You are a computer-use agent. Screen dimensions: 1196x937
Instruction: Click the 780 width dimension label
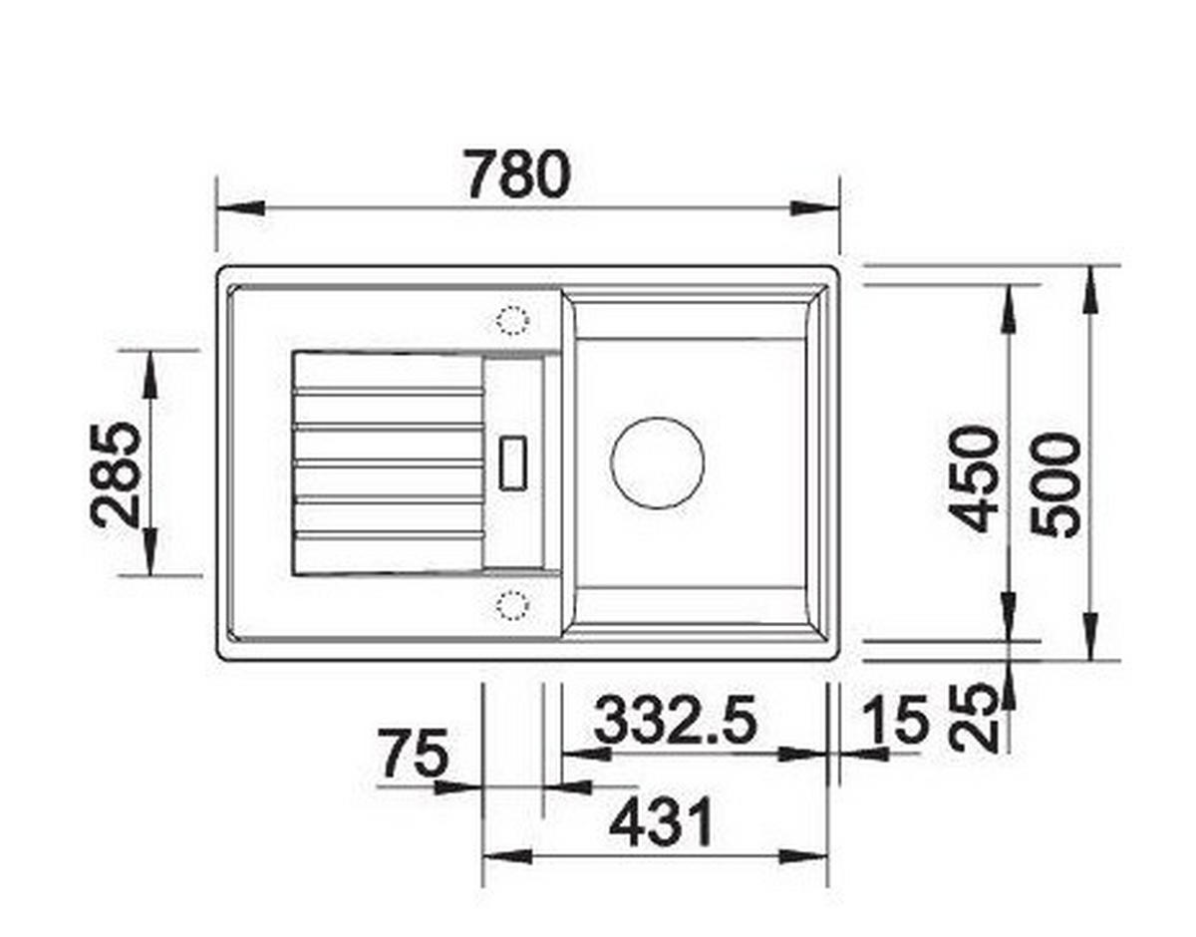518,174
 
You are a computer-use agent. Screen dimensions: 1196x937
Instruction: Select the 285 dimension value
115,475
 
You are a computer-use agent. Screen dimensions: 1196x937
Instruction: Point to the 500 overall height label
1055,484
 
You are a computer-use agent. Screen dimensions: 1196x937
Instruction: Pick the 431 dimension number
661,824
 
